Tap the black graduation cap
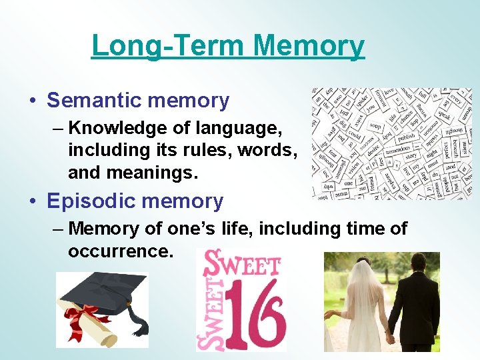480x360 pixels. tap(100, 293)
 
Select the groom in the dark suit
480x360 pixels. tap(414, 300)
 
